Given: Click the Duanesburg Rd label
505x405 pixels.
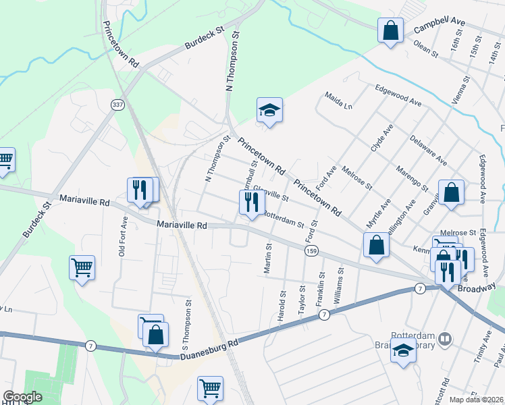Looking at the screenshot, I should [x=209, y=352].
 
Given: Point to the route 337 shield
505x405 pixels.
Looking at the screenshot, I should [x=117, y=105].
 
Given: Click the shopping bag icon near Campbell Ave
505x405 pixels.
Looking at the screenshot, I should [x=390, y=30].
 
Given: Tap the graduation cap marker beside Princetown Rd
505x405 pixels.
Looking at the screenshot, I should [x=269, y=111].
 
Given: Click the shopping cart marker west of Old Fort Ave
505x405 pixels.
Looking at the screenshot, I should [x=82, y=267].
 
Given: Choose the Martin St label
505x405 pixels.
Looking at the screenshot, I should [x=269, y=259].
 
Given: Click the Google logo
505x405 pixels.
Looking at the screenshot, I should [x=23, y=397].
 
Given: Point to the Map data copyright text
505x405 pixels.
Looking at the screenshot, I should [x=477, y=400].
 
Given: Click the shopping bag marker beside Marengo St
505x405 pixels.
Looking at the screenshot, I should [x=451, y=193].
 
